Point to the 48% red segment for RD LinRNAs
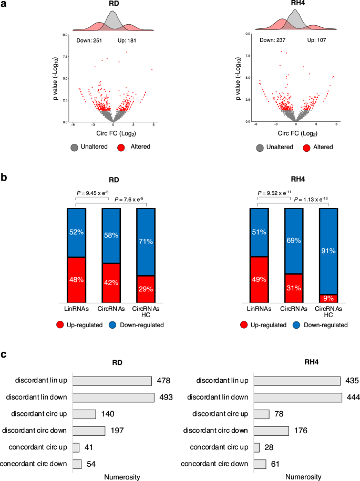click(76, 280)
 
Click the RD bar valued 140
click(84, 414)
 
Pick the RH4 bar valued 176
click(271, 431)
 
